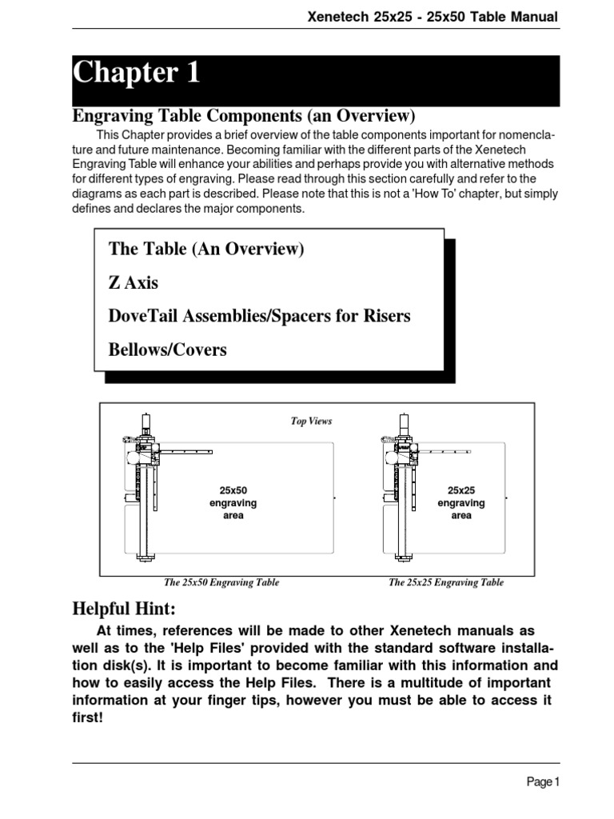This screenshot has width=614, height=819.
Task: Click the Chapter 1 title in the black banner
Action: click(137, 74)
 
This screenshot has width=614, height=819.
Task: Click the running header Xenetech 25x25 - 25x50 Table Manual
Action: click(433, 17)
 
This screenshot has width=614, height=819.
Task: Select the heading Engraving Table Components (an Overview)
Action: click(245, 116)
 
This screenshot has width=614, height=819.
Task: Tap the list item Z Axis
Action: click(134, 282)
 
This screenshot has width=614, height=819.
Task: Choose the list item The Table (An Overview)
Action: click(206, 249)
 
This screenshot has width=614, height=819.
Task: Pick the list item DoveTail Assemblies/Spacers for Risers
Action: click(259, 316)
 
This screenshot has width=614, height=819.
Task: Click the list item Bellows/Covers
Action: click(168, 350)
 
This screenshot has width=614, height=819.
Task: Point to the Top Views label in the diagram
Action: click(311, 421)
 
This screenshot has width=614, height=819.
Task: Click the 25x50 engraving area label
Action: click(233, 503)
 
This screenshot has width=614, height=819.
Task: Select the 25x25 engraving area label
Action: click(461, 503)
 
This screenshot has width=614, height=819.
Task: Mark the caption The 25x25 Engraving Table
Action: click(446, 582)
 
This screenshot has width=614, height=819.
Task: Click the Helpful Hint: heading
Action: click(124, 609)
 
